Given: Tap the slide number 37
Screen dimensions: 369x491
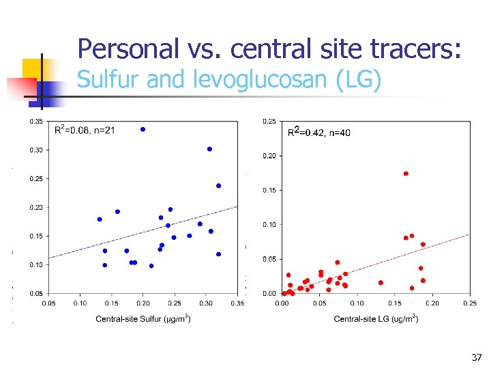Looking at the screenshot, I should [x=477, y=357].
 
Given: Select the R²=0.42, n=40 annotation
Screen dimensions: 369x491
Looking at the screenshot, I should [x=318, y=132].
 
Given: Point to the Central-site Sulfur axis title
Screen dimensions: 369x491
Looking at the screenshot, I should [x=143, y=318].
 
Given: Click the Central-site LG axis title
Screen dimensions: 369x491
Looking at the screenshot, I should [x=376, y=318].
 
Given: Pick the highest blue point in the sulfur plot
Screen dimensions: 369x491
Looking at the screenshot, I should [x=143, y=129].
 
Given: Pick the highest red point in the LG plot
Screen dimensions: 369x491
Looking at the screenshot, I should [x=406, y=174].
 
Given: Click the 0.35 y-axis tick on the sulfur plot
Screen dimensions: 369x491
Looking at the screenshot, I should [x=35, y=122].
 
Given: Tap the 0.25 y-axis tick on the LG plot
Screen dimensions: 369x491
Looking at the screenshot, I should [x=269, y=122].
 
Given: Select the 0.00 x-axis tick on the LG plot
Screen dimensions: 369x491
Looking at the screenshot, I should [x=282, y=303].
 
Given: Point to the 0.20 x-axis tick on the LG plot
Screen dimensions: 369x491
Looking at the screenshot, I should [x=432, y=303].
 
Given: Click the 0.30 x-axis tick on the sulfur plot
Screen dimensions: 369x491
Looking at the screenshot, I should [x=206, y=303].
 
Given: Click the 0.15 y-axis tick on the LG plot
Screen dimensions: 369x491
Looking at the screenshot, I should [x=269, y=190].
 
